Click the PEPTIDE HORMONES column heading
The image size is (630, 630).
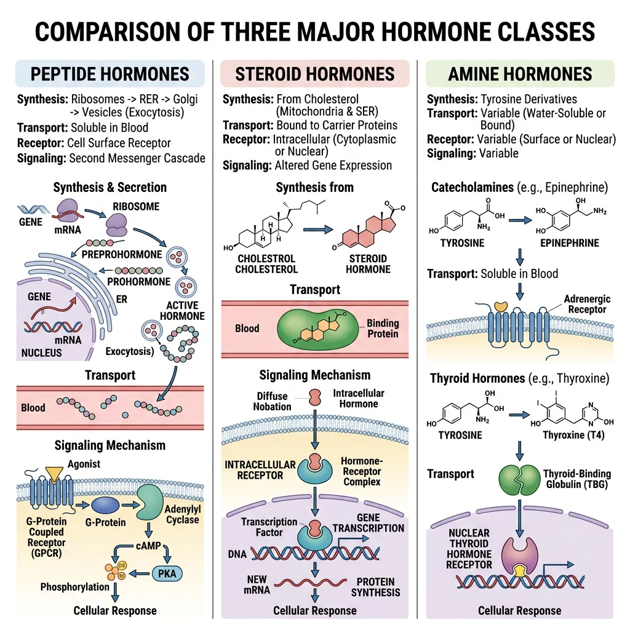point(110,74)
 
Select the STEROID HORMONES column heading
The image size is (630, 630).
point(314,74)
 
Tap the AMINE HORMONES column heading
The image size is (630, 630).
point(520,74)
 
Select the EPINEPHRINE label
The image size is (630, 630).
point(569,243)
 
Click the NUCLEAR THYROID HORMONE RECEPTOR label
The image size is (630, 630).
point(469,549)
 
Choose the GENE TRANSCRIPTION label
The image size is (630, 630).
point(369,522)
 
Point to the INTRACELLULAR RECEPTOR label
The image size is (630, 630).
point(260,469)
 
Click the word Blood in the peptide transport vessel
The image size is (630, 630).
point(33,407)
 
